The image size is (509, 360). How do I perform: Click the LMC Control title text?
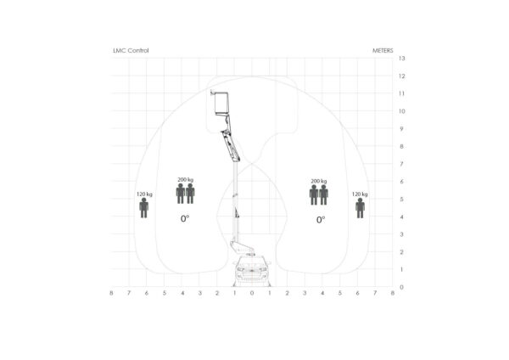(131, 51)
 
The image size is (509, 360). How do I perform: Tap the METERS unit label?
(383, 51)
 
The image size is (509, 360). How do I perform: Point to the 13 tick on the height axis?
(402, 59)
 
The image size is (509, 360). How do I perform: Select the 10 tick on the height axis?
(402, 111)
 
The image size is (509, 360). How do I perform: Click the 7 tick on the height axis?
(401, 164)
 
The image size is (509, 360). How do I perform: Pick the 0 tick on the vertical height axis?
(401, 287)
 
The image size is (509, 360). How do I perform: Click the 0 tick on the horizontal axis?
(252, 293)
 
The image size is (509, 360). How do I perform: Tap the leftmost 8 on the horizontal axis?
(111, 293)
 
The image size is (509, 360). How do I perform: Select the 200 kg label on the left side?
(185, 180)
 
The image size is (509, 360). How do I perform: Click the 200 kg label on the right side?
(319, 181)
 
